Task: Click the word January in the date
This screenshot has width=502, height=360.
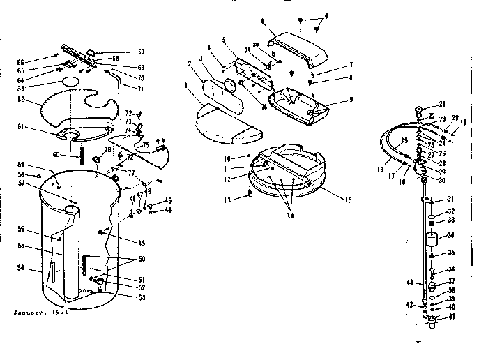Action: (x=29, y=313)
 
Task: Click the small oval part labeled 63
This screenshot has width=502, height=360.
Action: (x=71, y=82)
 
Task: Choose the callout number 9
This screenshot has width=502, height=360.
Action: (x=352, y=100)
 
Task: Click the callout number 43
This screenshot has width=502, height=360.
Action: (x=411, y=283)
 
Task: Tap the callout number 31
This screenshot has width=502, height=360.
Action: (x=450, y=198)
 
